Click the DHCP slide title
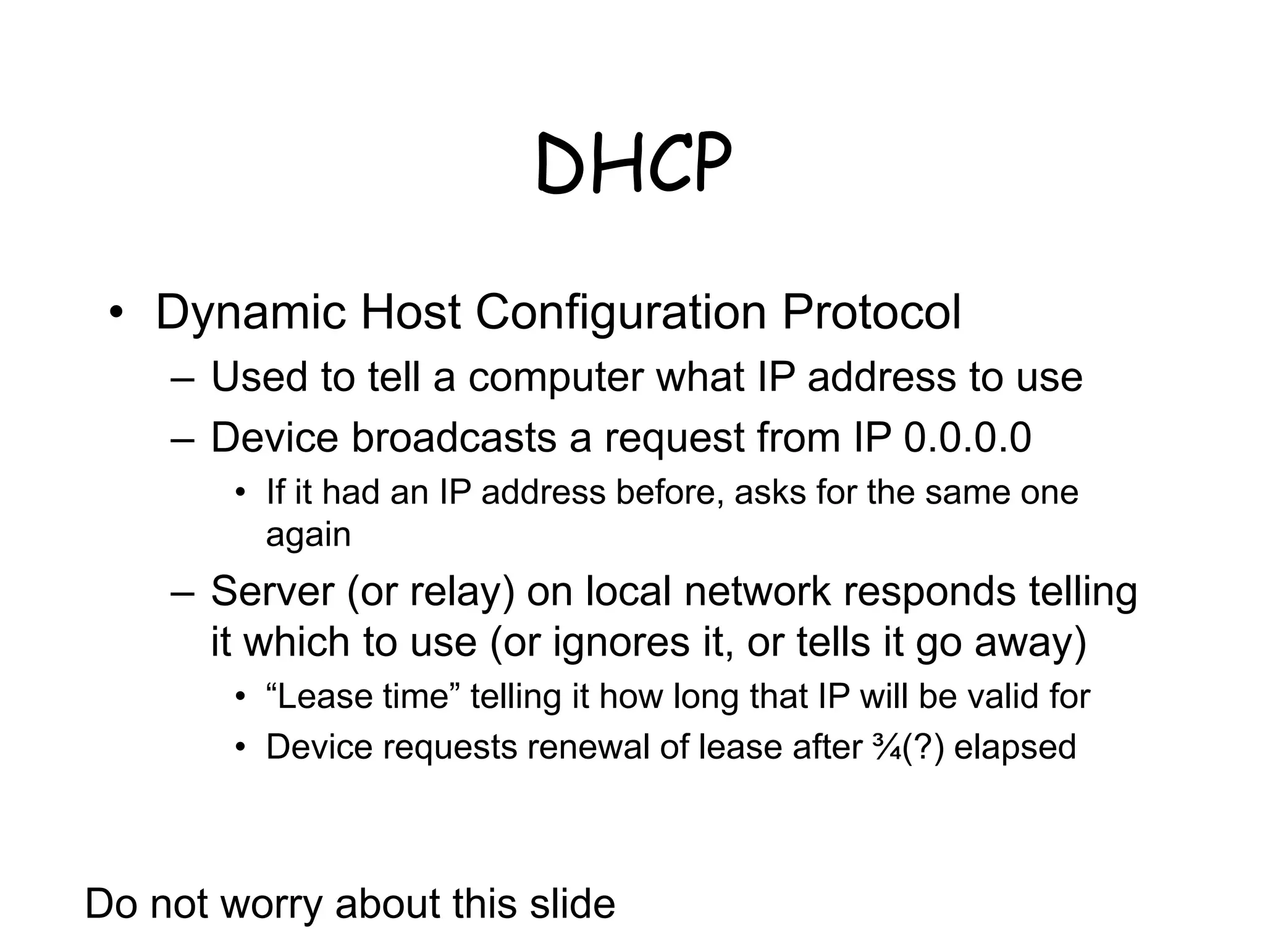click(633, 163)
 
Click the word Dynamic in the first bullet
click(250, 312)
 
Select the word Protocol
click(871, 312)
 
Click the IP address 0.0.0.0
click(967, 437)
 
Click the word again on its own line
click(308, 535)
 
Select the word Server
click(272, 591)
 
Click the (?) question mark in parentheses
click(923, 747)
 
